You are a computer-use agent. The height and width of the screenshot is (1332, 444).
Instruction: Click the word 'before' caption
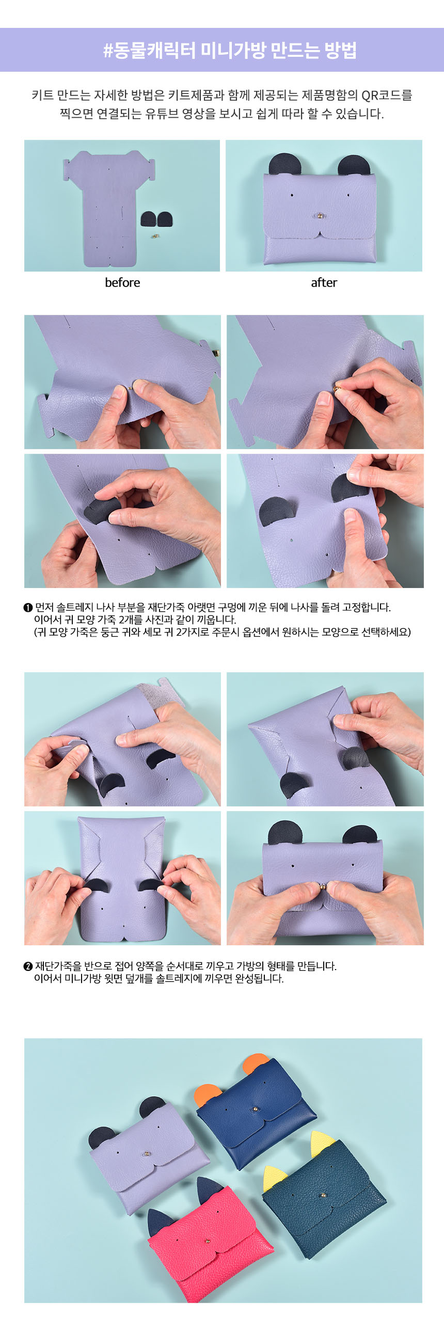[x=122, y=282]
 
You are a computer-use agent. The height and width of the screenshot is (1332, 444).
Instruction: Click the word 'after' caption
[x=324, y=282]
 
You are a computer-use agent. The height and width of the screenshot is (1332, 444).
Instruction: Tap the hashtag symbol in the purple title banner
[x=108, y=51]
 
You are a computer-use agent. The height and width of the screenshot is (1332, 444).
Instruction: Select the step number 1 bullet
[x=28, y=607]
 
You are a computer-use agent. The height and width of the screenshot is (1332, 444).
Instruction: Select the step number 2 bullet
[x=28, y=966]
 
